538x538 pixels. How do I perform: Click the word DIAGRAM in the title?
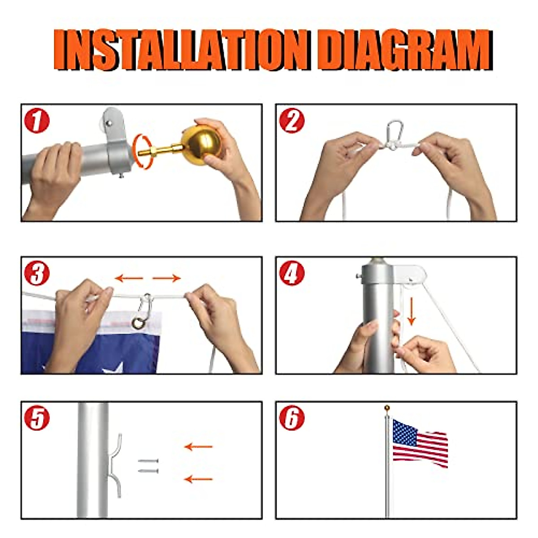[x=406, y=50]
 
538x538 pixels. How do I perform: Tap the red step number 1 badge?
[x=37, y=121]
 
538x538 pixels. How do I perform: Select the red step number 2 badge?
[x=291, y=121]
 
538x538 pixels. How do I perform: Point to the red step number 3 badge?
[x=37, y=273]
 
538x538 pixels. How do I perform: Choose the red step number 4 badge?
[x=291, y=273]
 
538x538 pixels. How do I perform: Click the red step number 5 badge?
[x=37, y=418]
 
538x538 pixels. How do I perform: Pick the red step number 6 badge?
[x=291, y=418]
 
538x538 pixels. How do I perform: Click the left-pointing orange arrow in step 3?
[x=129, y=278]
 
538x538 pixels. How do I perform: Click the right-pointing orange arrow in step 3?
[x=166, y=278]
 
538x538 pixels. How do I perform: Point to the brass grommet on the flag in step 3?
[x=139, y=323]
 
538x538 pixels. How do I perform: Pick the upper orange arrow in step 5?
[x=198, y=447]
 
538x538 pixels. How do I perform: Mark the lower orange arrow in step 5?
[x=198, y=479]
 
